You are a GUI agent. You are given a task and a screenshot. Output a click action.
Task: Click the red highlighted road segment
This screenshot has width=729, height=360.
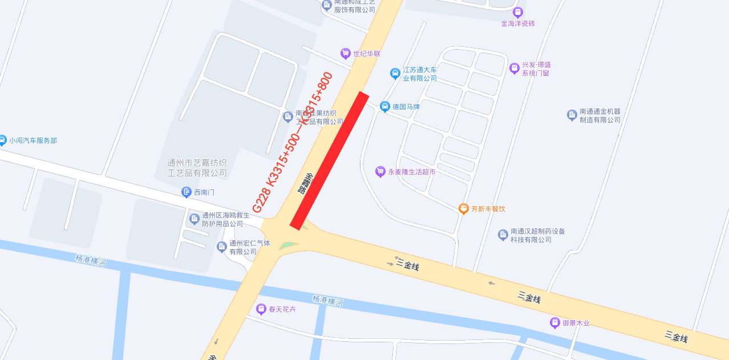(330, 161)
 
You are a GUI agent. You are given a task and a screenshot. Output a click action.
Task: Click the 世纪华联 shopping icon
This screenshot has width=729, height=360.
(345, 54)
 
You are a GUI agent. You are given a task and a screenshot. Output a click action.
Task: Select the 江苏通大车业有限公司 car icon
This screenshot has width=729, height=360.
(395, 74)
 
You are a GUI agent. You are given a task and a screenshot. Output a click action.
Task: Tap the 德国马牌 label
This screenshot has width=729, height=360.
(406, 107)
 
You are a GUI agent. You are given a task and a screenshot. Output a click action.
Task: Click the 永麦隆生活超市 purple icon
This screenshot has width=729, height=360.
(380, 172)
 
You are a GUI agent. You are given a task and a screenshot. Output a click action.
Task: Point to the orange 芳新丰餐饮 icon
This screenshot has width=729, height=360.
(464, 209)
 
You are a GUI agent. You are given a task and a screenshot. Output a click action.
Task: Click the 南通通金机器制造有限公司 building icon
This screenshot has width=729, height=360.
(572, 115)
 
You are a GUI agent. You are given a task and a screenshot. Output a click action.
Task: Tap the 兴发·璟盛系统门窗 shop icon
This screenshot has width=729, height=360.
(515, 68)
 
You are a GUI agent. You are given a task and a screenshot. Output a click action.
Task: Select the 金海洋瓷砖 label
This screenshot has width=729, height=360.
(518, 24)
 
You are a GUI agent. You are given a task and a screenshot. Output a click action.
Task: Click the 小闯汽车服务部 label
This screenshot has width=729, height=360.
(33, 140)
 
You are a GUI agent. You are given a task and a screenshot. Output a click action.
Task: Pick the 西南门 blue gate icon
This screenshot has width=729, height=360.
(187, 192)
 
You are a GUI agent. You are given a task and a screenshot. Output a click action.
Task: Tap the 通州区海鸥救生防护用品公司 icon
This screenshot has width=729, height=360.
(195, 219)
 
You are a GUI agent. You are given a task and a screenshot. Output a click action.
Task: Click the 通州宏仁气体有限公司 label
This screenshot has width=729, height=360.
(250, 248)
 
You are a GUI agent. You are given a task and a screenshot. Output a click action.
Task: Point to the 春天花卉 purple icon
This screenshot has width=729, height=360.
(261, 309)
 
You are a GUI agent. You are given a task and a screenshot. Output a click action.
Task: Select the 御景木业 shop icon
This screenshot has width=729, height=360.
(554, 323)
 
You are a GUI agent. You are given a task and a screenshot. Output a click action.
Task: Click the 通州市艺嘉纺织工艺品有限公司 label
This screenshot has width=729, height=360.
(197, 168)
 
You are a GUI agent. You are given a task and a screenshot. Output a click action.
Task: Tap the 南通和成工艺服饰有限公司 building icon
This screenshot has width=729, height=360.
(327, 6)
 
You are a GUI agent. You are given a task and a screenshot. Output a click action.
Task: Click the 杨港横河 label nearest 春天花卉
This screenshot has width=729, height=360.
(328, 301)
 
